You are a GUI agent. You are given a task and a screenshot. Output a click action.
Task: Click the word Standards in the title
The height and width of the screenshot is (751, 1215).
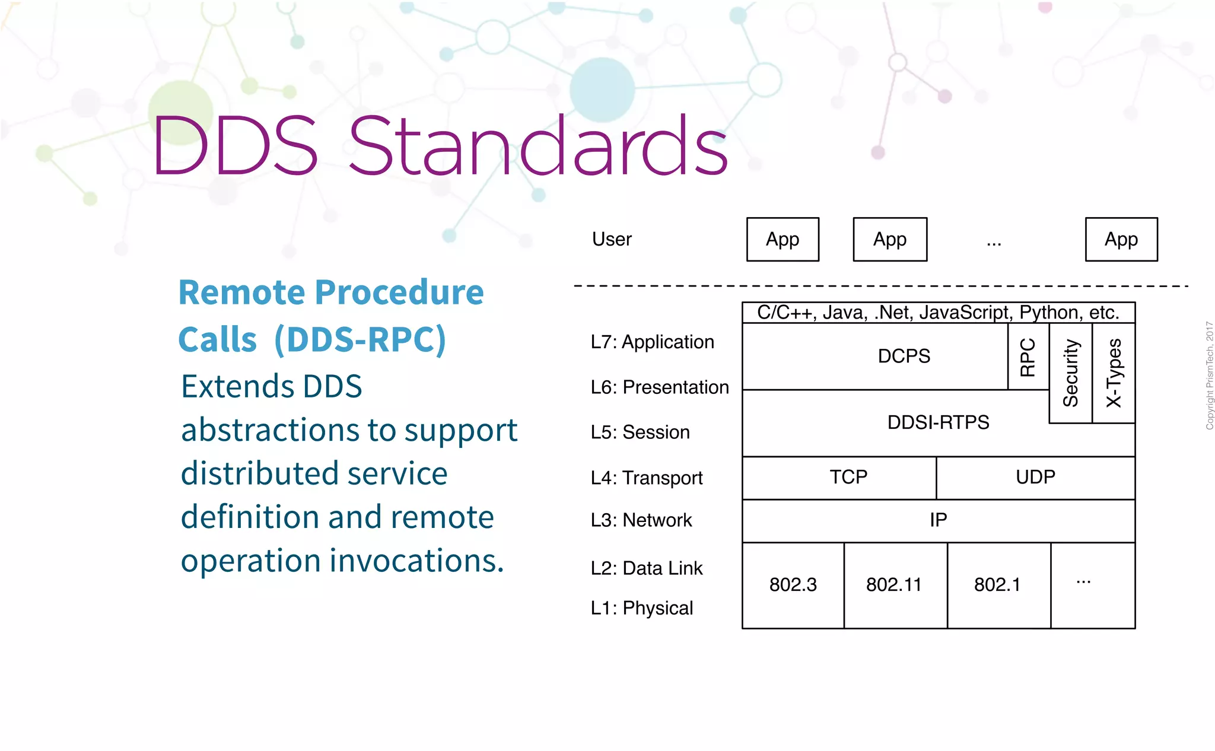click(x=537, y=146)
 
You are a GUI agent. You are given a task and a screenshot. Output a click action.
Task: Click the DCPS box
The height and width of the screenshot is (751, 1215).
click(x=904, y=356)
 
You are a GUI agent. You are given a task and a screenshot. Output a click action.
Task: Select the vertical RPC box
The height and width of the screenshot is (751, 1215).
click(x=1028, y=357)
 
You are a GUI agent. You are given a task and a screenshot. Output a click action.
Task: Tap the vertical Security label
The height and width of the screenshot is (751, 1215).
click(x=1070, y=373)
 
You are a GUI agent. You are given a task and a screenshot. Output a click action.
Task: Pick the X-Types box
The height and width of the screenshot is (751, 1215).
click(x=1114, y=373)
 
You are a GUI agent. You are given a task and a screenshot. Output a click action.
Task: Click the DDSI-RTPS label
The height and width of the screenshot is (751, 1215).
click(x=938, y=422)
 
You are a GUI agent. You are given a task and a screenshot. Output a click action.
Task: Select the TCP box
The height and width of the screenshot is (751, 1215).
click(x=848, y=477)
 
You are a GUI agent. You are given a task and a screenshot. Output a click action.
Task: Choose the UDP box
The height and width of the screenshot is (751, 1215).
click(x=1035, y=477)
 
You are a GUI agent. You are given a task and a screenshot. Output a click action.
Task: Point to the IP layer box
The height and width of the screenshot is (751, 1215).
click(x=938, y=520)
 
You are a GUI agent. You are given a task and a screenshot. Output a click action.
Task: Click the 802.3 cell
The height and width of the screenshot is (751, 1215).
click(x=793, y=585)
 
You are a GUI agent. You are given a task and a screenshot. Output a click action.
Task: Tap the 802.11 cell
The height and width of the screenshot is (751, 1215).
click(x=894, y=585)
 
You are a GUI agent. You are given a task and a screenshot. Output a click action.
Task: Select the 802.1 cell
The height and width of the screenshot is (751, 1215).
click(x=997, y=585)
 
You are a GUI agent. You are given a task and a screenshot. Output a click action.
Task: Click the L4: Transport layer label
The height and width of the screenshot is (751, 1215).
click(x=646, y=478)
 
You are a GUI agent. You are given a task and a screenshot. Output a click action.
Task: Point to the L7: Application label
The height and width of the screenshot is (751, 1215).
click(x=652, y=342)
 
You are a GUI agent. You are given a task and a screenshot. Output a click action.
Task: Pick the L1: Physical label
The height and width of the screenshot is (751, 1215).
click(x=641, y=608)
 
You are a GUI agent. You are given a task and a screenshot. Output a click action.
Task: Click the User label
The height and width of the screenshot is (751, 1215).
click(x=612, y=239)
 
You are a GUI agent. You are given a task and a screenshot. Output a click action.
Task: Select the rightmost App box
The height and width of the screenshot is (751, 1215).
click(x=1121, y=239)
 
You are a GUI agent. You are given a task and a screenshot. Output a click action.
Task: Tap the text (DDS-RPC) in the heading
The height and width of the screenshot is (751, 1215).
click(x=360, y=339)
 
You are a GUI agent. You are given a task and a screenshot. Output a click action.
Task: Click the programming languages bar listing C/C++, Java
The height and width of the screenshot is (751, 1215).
click(x=938, y=313)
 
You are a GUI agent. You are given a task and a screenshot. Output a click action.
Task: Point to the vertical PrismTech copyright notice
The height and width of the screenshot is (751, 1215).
click(x=1208, y=375)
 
